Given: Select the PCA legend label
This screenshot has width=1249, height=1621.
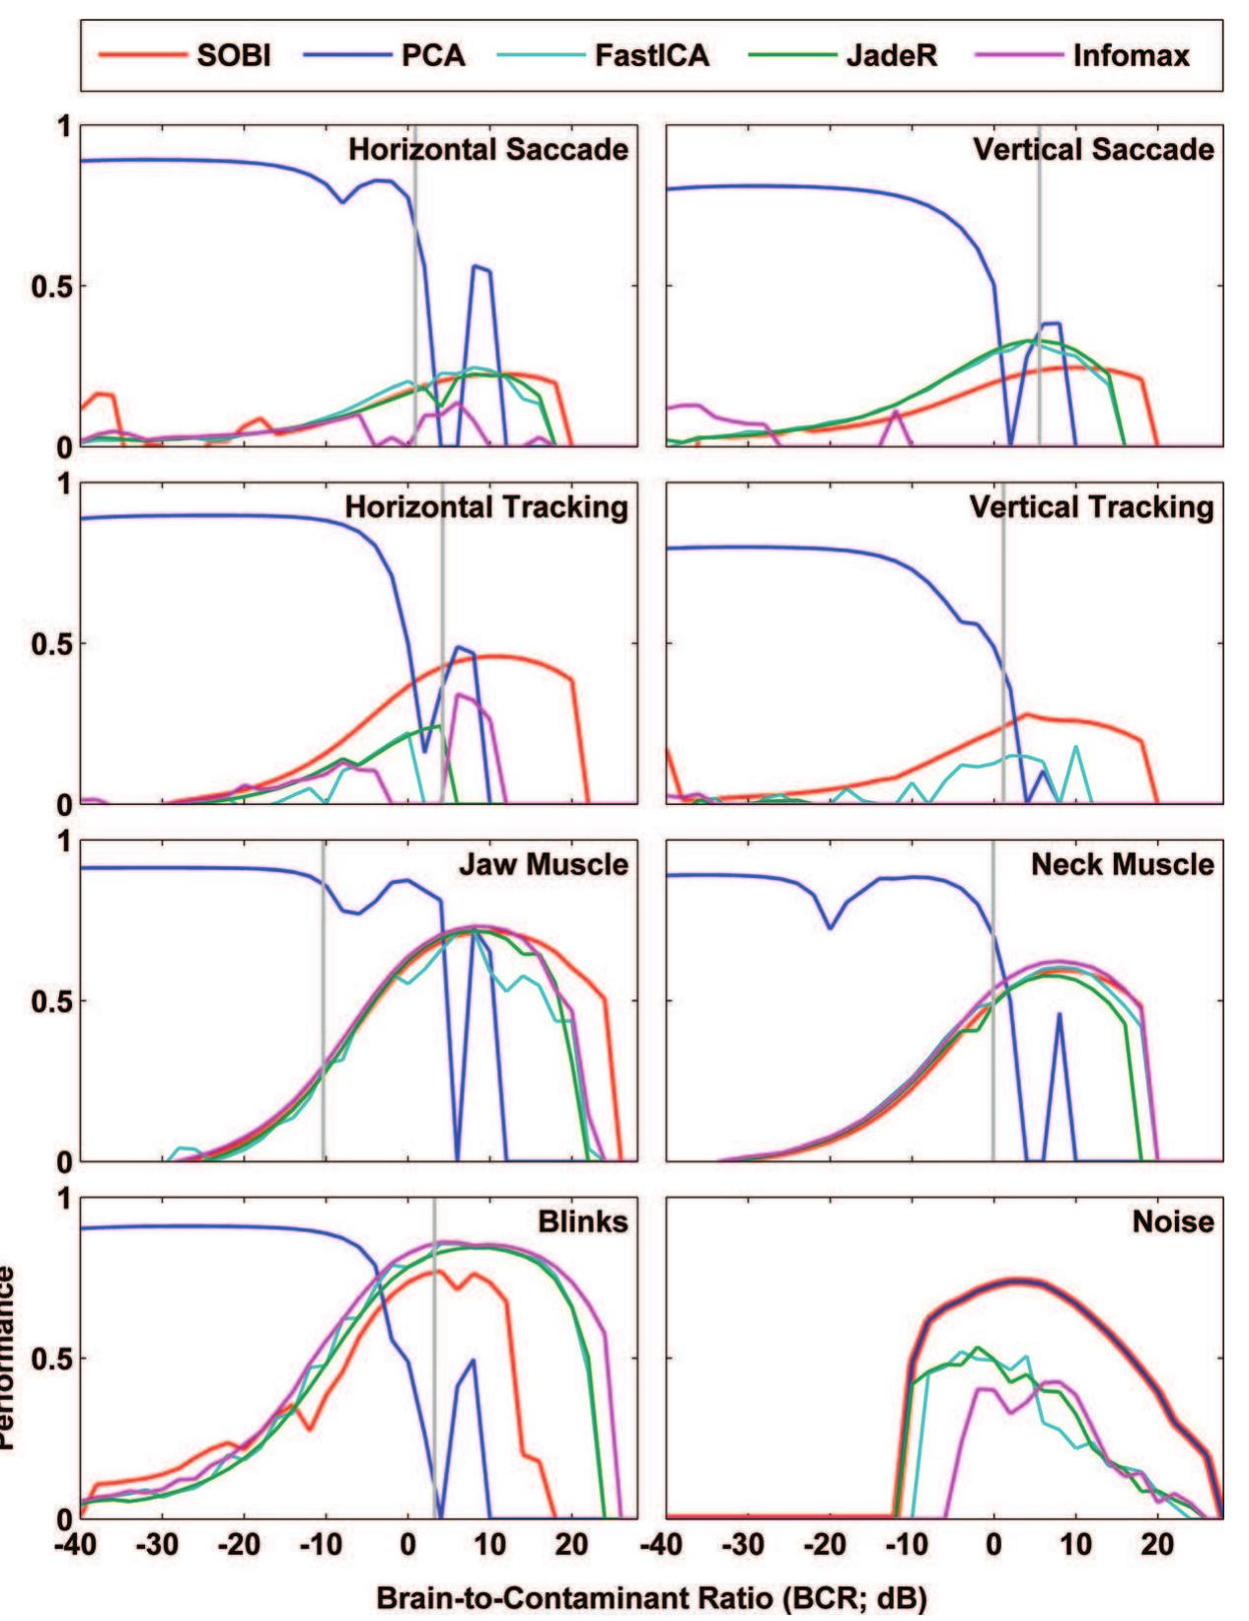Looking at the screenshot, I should tap(433, 55).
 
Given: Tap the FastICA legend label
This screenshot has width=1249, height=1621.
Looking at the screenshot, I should tap(652, 55).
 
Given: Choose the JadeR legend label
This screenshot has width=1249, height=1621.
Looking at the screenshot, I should tap(892, 55).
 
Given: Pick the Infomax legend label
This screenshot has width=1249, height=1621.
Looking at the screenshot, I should tap(1131, 55).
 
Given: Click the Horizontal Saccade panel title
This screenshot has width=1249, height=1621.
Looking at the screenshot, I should tap(488, 150).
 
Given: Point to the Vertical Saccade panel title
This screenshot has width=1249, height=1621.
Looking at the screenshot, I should tap(1093, 150).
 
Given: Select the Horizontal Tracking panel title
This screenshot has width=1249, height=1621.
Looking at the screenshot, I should tap(486, 507).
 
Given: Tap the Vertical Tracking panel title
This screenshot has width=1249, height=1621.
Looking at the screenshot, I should tap(1091, 507).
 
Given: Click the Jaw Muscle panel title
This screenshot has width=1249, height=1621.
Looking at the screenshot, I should tap(543, 864).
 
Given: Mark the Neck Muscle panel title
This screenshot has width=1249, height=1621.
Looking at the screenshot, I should tap(1123, 864).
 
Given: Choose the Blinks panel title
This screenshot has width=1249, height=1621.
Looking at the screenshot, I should tap(582, 1221).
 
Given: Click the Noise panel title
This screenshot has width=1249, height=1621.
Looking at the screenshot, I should tap(1173, 1221).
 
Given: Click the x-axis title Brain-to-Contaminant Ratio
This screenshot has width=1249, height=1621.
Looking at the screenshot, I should tap(651, 1597).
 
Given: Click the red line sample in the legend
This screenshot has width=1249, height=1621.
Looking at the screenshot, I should tap(141, 55).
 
